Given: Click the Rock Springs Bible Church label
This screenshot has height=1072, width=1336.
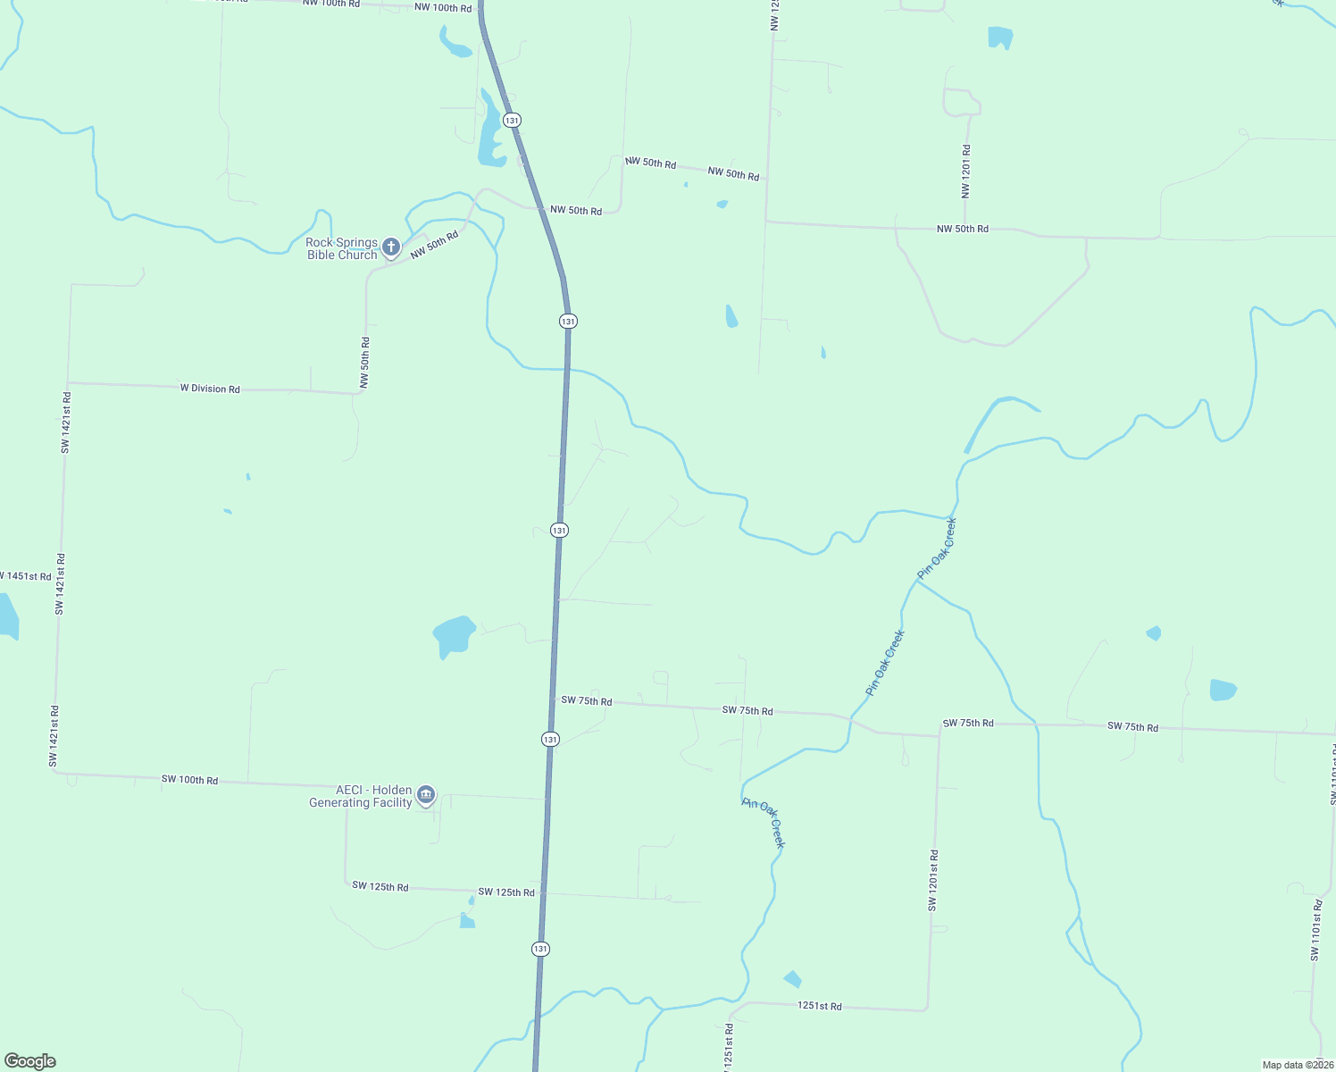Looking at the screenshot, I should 342,248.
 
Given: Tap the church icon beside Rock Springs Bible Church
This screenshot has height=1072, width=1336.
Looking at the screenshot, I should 391,247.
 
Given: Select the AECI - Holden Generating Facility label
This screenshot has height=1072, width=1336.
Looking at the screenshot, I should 361,796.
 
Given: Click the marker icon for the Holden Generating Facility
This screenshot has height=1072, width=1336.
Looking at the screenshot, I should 426,794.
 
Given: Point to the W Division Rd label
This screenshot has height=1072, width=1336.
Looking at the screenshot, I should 210,389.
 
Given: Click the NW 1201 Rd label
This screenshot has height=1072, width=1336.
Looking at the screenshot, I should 965,172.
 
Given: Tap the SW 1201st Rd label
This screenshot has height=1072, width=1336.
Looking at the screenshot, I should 932,880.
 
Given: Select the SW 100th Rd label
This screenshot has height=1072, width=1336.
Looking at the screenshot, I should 189,780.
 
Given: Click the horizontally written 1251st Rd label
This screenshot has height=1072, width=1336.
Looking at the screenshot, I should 819,1006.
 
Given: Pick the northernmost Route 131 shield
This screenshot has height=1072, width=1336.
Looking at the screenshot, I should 512,120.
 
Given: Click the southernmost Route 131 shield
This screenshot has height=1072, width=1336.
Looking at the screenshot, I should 540,949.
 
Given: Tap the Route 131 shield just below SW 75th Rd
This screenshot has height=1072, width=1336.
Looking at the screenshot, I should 550,739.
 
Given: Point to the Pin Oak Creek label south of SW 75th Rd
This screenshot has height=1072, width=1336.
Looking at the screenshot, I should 764,823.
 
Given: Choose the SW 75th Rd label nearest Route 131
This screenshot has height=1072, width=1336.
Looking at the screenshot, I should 586,701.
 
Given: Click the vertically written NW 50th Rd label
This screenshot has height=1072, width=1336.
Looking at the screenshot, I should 364,362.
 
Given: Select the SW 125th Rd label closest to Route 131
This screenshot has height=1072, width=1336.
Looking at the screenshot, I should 506,892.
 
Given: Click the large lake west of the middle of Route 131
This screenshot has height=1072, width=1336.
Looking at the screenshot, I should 454,635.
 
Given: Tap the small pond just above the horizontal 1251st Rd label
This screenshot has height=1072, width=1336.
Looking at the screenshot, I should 792,979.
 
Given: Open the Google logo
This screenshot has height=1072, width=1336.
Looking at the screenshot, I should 30,1061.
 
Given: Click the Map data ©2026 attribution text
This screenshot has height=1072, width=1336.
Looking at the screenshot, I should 1297,1065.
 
